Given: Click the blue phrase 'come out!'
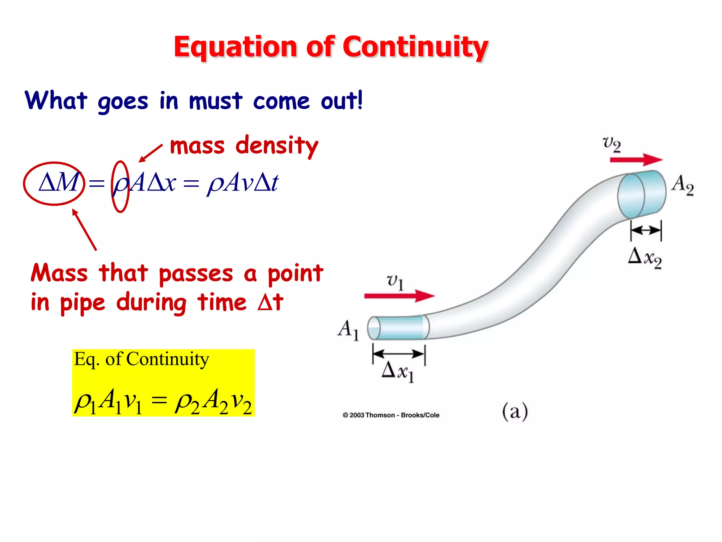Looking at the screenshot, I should click(308, 101).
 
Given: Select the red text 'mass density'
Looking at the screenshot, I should click(244, 145).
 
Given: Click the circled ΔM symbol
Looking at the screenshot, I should click(58, 183).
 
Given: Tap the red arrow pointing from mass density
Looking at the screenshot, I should click(151, 153).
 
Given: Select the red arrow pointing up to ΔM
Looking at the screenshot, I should click(84, 230).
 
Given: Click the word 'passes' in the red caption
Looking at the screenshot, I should click(196, 274).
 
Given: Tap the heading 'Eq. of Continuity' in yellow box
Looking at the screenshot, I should click(141, 359).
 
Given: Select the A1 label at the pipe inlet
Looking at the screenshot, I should click(348, 330).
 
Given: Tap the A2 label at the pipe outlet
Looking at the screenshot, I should click(683, 185).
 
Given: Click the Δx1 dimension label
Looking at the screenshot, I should click(398, 372).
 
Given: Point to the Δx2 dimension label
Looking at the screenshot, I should click(644, 258).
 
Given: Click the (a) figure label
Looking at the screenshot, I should click(515, 411).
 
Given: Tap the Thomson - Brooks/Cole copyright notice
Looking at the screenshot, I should click(391, 415).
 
